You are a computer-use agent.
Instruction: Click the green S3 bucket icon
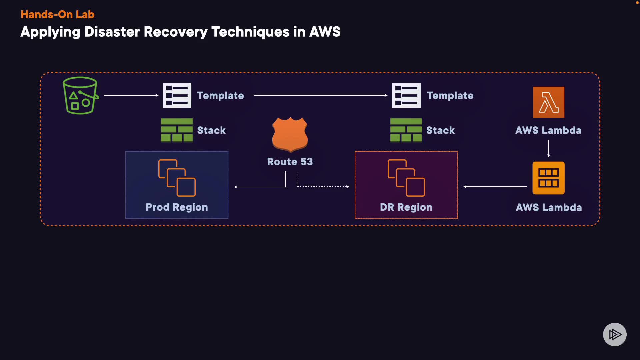[80, 96]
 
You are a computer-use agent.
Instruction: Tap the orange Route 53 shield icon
[290, 134]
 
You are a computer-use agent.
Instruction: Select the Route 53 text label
[290, 162]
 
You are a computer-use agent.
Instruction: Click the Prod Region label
[177, 207]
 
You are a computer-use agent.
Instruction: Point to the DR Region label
[406, 207]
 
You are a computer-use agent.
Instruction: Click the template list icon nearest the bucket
[177, 95]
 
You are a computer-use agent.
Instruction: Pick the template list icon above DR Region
[406, 95]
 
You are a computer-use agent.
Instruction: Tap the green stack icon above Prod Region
[177, 130]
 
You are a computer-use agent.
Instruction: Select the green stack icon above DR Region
[406, 130]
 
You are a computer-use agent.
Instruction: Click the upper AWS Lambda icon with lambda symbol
[548, 102]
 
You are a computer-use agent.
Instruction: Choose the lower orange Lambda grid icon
[548, 178]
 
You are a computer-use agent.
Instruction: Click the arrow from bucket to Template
[131, 95]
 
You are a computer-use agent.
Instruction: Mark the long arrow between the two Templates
[320, 95]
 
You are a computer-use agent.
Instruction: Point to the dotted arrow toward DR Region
[323, 187]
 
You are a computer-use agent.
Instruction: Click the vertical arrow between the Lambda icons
[548, 149]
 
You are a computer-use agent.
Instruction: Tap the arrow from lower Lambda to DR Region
[495, 187]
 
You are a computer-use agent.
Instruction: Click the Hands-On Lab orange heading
[57, 14]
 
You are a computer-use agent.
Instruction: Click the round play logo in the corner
[615, 334]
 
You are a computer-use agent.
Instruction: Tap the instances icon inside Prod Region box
[177, 178]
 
